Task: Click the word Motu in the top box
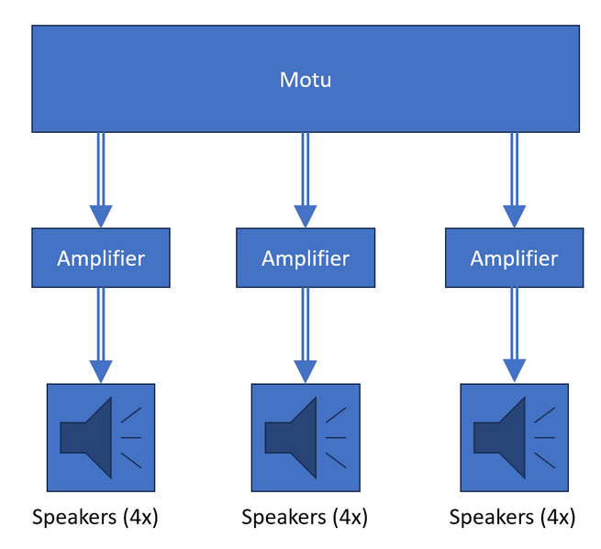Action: pyautogui.click(x=305, y=80)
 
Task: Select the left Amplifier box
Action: pyautogui.click(x=101, y=258)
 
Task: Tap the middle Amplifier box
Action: pyautogui.click(x=306, y=258)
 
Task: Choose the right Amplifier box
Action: pyautogui.click(x=514, y=258)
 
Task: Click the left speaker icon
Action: pyautogui.click(x=101, y=438)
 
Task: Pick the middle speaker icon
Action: pyautogui.click(x=306, y=438)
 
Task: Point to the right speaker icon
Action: pyautogui.click(x=514, y=438)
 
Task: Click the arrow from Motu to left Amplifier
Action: pyautogui.click(x=101, y=174)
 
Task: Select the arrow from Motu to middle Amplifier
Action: pyautogui.click(x=306, y=174)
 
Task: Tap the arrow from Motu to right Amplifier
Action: pyautogui.click(x=514, y=174)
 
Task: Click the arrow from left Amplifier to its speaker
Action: pyautogui.click(x=101, y=325)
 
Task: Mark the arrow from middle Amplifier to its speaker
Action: pyautogui.click(x=306, y=325)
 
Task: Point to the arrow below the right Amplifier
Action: pyautogui.click(x=514, y=325)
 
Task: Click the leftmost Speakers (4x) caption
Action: pyautogui.click(x=95, y=518)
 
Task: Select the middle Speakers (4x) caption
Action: pyautogui.click(x=305, y=518)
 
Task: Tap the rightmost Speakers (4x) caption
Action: pyautogui.click(x=513, y=518)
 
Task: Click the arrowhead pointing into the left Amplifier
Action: pyautogui.click(x=101, y=216)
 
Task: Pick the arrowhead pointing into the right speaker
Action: pyautogui.click(x=514, y=370)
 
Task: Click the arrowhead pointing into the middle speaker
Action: pyautogui.click(x=306, y=370)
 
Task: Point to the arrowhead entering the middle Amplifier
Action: pyautogui.click(x=306, y=216)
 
